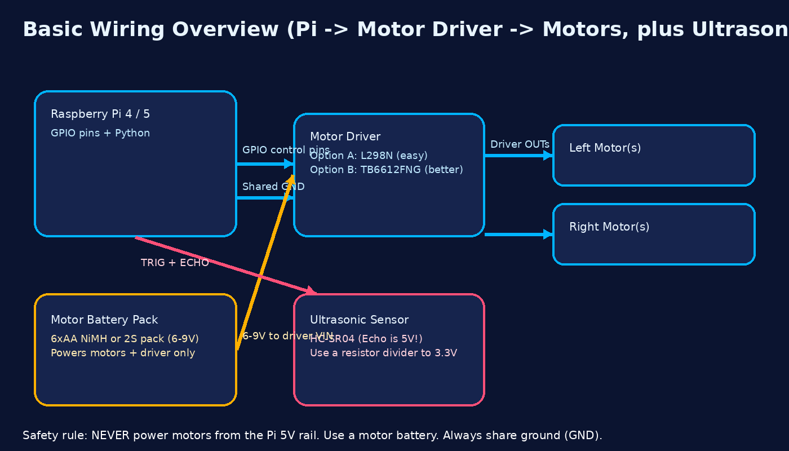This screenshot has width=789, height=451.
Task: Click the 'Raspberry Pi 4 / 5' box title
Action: pos(100,114)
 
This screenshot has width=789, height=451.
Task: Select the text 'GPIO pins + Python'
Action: pos(100,134)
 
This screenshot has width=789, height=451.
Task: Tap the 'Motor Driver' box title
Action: pos(345,137)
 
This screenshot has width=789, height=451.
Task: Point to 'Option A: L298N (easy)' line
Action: pos(369,156)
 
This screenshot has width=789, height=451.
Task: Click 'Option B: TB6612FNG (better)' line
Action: pos(386,170)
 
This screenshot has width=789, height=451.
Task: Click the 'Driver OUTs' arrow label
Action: pos(519,144)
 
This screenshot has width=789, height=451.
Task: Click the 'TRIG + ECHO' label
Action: pos(175,263)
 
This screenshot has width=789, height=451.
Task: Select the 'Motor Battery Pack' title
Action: pos(104,320)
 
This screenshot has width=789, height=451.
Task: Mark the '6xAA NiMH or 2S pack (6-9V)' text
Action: pos(125,339)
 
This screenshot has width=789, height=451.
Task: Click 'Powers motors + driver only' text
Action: pos(123,353)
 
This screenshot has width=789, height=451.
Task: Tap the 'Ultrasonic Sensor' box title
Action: pos(359,320)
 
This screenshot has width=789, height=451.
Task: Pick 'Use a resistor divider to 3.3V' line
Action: pos(383,353)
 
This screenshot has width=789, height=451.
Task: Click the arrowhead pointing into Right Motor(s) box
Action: pos(548,235)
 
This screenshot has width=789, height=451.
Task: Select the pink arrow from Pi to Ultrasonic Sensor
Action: pos(225,266)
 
